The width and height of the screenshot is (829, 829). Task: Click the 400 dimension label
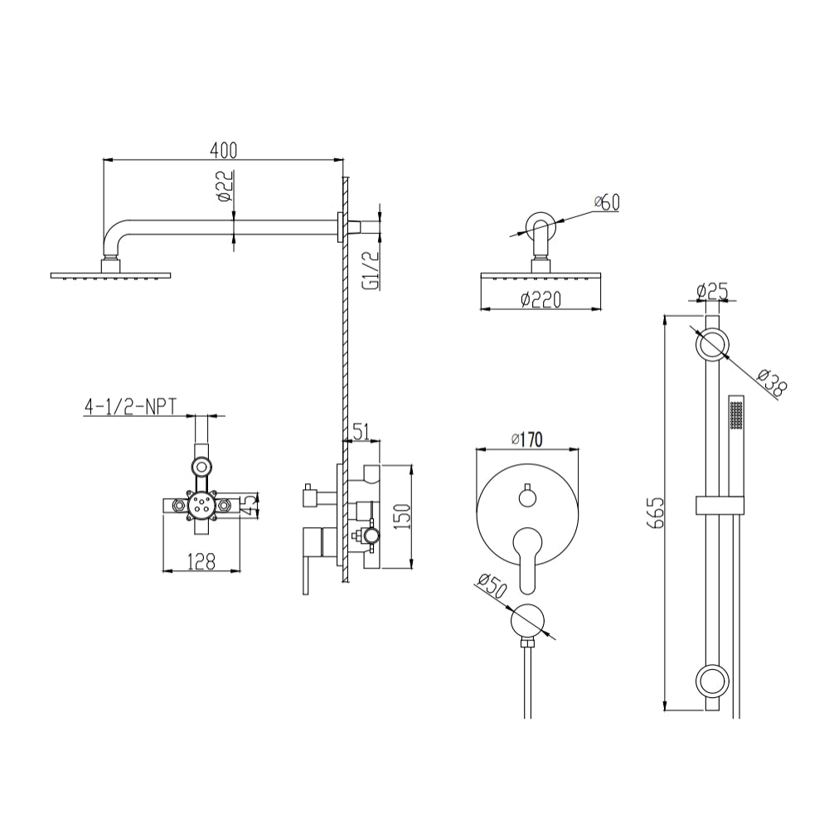(x=224, y=151)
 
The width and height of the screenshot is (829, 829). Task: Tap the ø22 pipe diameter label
(x=225, y=186)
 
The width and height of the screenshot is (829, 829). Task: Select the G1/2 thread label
(x=371, y=270)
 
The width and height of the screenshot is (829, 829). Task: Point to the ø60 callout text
(x=607, y=202)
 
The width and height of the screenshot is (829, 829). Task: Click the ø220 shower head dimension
(x=541, y=300)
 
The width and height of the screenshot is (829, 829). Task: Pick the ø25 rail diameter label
(x=712, y=291)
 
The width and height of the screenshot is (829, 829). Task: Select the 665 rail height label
(x=655, y=511)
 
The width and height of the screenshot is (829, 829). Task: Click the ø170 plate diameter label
(x=527, y=439)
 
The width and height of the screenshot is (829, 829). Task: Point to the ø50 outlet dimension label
(x=492, y=586)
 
